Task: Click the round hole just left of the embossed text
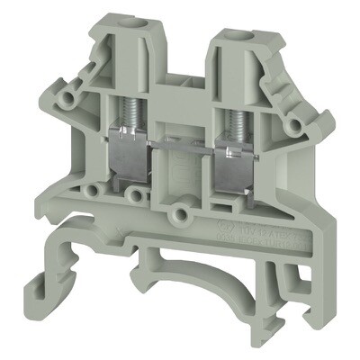(x=182, y=214)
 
